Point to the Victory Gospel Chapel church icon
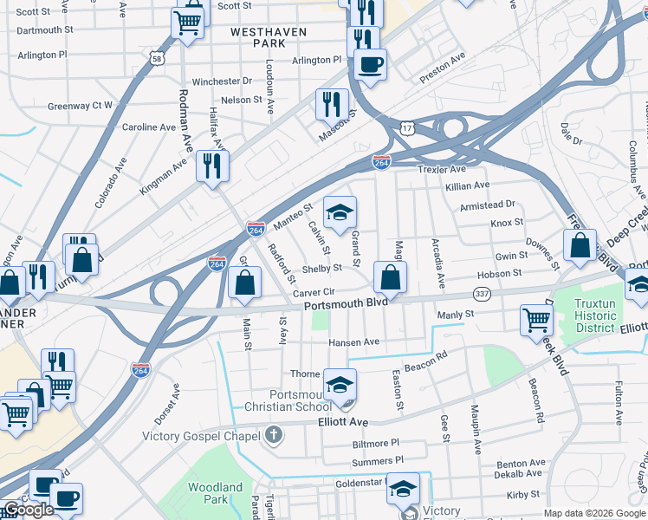(274, 435)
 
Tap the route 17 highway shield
(407, 127)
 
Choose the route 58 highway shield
(156, 58)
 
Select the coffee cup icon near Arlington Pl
(370, 63)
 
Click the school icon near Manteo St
(340, 212)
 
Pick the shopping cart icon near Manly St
(536, 320)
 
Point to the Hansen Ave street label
(353, 342)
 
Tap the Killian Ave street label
(468, 185)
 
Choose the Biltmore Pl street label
(375, 443)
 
